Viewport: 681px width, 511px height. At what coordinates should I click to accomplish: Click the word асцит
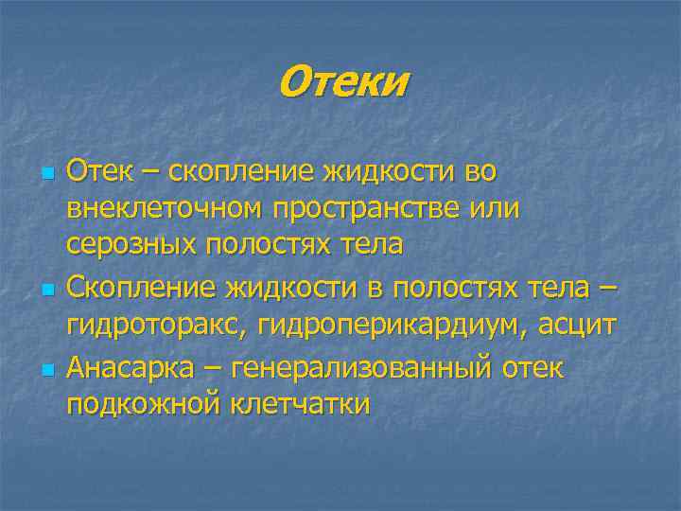pos(577,325)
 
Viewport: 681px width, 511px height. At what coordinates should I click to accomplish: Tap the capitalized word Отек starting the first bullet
pos(96,172)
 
